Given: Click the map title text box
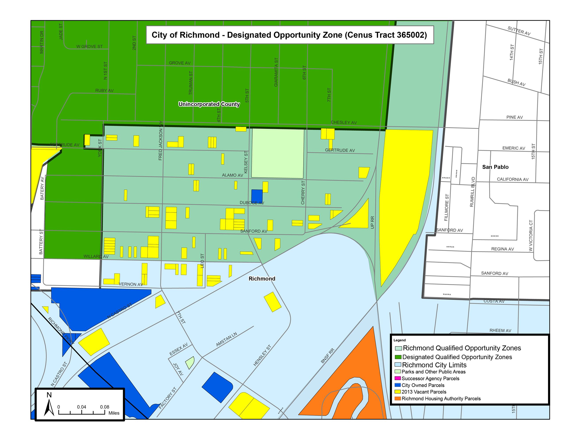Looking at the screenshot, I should coord(289,35).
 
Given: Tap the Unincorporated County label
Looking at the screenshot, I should coord(209,104).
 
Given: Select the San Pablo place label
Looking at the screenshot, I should coord(495,167).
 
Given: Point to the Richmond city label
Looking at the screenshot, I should coord(262,279).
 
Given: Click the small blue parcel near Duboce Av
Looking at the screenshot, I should coord(257,196).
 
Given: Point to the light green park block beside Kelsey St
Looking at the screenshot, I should coord(277,154).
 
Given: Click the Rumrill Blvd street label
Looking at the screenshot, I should coord(472,192).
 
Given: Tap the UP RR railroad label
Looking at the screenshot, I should coord(372,222).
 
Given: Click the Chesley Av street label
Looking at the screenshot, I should coord(343,123).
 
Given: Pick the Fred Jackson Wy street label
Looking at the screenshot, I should coord(160,141).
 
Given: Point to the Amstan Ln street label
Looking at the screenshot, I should coord(226,339).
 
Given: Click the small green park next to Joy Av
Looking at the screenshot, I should coord(190,363).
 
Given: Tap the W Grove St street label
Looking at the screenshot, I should coord(89,47).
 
